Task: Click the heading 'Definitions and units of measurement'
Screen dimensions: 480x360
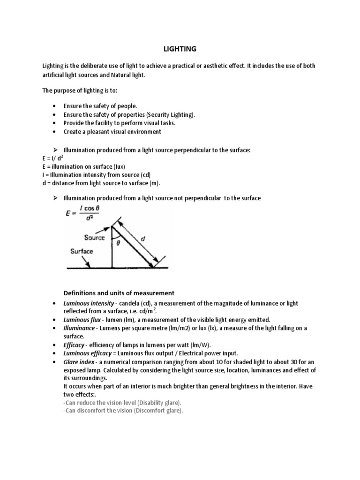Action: pyautogui.click(x=119, y=293)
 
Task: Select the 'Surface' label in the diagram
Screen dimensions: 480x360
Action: pyautogui.click(x=82, y=251)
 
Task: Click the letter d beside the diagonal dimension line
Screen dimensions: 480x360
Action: pyautogui.click(x=143, y=239)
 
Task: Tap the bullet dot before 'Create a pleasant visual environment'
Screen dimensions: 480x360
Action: pyautogui.click(x=55, y=132)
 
